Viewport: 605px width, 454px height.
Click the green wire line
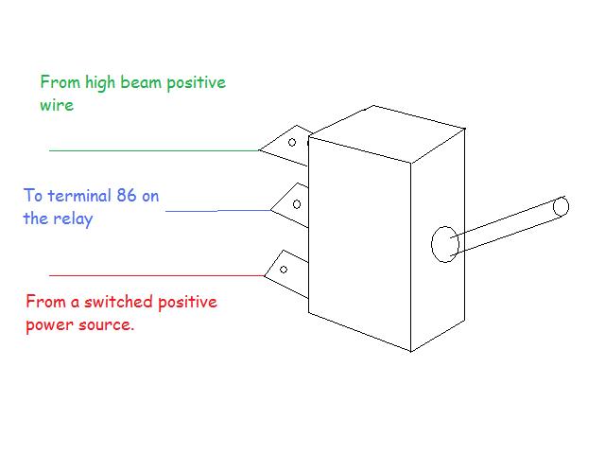153,150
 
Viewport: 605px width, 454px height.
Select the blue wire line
218,211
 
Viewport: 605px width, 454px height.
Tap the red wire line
157,275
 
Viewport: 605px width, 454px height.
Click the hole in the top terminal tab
292,143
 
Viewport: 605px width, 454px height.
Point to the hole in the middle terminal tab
297,204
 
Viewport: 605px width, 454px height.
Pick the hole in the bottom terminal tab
284,270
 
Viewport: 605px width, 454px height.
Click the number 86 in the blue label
127,196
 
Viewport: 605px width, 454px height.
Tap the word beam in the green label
141,82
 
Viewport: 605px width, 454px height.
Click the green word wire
57,105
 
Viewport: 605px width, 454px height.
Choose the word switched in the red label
119,302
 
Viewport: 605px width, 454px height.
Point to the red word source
105,325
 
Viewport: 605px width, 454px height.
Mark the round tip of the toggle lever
561,206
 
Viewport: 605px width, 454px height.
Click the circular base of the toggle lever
445,244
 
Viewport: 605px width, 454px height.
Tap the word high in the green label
100,83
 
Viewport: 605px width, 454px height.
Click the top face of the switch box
387,133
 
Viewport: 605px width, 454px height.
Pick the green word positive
197,83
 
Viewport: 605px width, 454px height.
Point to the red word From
45,302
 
